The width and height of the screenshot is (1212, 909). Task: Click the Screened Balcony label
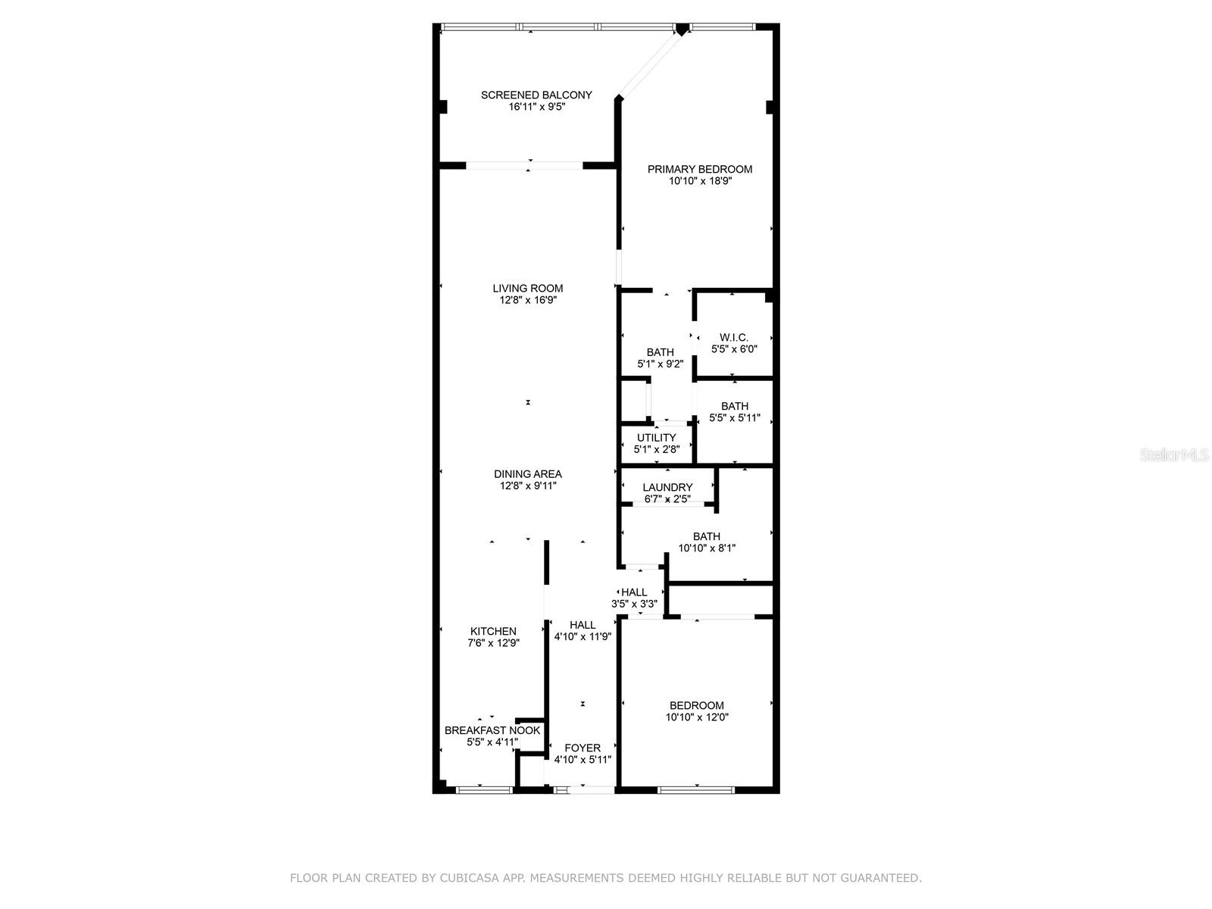click(536, 95)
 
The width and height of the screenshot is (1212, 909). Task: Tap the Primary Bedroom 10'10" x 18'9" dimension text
click(700, 181)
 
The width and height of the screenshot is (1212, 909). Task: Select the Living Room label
click(527, 288)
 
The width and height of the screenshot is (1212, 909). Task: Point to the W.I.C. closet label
click(733, 337)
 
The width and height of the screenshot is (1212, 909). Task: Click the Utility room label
click(656, 438)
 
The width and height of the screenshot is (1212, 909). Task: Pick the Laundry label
click(667, 487)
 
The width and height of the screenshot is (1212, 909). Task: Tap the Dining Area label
click(527, 474)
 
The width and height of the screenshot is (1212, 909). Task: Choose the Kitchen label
click(493, 632)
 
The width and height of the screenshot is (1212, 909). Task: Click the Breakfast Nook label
click(492, 730)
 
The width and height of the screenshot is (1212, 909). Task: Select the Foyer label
click(582, 748)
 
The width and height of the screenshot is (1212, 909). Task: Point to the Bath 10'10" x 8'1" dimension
click(706, 548)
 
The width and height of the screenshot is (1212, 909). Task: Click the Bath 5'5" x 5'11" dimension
click(734, 418)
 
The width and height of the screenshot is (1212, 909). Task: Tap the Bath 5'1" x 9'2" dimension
click(660, 364)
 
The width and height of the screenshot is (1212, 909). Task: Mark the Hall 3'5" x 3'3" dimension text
click(634, 604)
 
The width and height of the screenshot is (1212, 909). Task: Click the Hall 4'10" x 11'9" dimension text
click(583, 636)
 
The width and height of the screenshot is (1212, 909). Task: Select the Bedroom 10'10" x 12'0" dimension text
click(697, 717)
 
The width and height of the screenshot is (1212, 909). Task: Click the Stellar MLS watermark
click(1174, 454)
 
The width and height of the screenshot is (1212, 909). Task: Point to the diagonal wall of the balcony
click(648, 65)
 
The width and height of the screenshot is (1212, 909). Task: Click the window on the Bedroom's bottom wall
click(696, 790)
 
